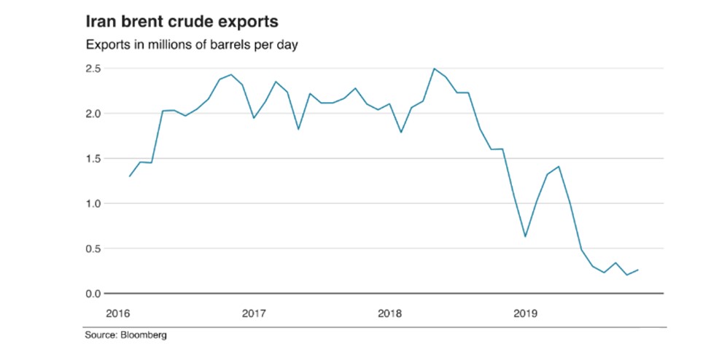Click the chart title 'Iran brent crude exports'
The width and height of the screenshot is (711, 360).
coord(182,21)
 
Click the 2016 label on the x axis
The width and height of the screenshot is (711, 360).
coord(117,313)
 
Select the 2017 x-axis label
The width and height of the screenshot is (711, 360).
coord(254,313)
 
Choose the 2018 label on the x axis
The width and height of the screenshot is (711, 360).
coord(389,313)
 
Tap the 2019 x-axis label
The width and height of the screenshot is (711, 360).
coord(525,313)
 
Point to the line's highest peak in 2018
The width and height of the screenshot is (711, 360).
coord(435,69)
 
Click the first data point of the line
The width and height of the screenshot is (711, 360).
coord(129,176)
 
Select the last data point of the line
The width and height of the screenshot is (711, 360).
coord(638,270)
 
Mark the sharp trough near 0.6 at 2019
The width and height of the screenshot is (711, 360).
coord(525,237)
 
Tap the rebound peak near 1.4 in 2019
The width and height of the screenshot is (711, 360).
coord(559,166)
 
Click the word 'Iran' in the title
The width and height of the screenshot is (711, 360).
coord(101,21)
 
